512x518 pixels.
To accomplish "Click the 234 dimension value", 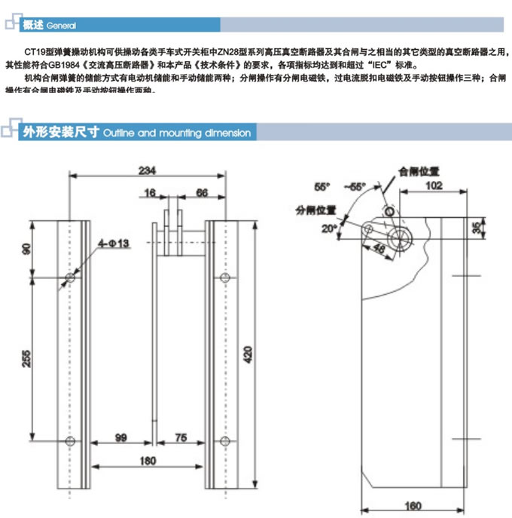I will pyautogui.click(x=142, y=170).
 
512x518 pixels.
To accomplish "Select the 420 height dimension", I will pyautogui.click(x=248, y=352).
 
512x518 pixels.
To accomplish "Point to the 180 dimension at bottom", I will pyautogui.click(x=148, y=460).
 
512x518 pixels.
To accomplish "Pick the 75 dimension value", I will pyautogui.click(x=180, y=437).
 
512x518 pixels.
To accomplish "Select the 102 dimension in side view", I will pyautogui.click(x=434, y=183).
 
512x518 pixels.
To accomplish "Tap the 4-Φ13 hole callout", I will pyautogui.click(x=114, y=243).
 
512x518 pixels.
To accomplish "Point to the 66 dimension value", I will pyautogui.click(x=202, y=193).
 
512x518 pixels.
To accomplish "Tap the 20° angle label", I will pyautogui.click(x=329, y=227).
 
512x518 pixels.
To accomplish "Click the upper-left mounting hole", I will pyautogui.click(x=71, y=279).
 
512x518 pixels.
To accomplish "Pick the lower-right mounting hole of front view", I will pyautogui.click(x=224, y=440).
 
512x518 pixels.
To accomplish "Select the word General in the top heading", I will pyautogui.click(x=61, y=26).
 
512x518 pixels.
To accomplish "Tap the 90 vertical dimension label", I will pyautogui.click(x=27, y=250).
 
